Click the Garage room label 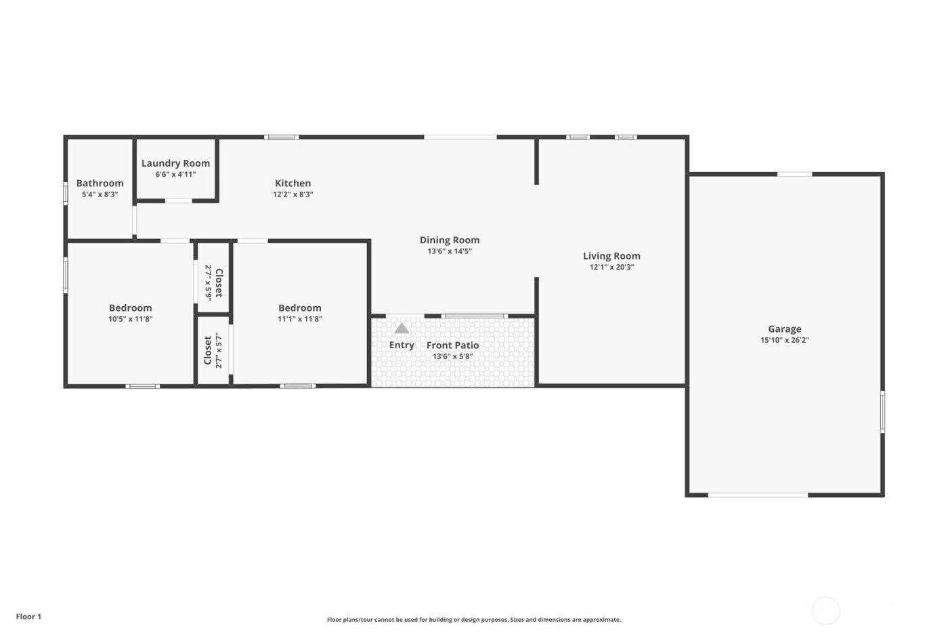784,329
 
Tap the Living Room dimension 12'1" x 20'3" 611,268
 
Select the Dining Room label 449,240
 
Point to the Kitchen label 293,183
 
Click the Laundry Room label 175,163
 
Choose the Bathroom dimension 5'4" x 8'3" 100,194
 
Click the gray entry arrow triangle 402,328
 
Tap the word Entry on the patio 402,345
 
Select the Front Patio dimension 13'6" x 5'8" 452,356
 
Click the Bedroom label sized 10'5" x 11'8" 130,308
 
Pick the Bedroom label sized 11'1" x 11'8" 299,308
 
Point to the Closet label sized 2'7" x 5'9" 218,283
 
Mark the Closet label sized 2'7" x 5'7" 208,350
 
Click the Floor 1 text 28,616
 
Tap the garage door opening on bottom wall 758,495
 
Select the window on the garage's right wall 882,411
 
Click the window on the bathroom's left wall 66,193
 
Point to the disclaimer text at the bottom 473,620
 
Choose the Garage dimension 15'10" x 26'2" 784,341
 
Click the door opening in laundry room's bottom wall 178,201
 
